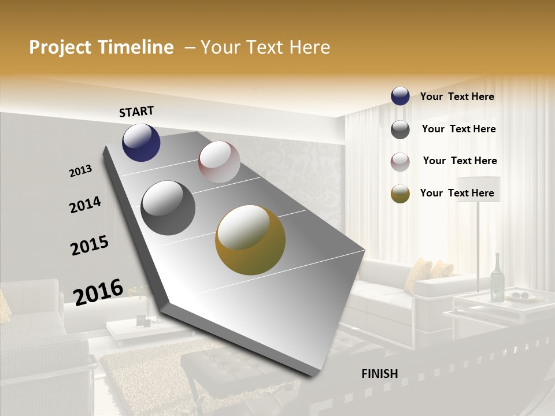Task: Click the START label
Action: coord(136,112)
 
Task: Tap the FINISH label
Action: coord(380,374)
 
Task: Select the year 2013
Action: coord(81,170)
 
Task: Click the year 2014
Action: coord(85,205)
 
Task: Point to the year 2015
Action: coord(90,246)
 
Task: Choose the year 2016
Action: coord(98,292)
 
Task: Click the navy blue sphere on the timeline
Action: coord(141,142)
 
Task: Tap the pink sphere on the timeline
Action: coord(219,162)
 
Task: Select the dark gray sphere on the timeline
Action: coord(168,208)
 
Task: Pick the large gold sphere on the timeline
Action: coord(250,240)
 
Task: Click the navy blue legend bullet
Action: coord(400,96)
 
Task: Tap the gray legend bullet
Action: coord(400,129)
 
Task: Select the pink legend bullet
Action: coord(400,162)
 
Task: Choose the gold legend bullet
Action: coord(400,194)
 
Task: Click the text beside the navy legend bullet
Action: coord(457,96)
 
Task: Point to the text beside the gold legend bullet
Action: coord(457,193)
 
